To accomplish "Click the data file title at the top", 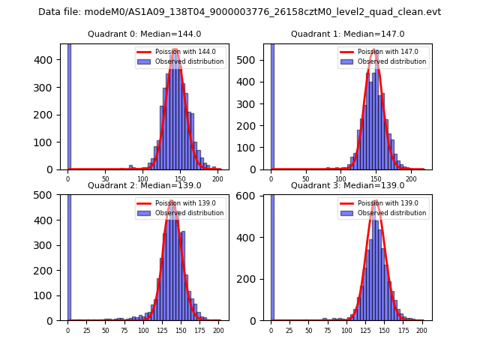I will click(x=239, y=12).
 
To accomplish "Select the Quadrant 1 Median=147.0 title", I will click(x=347, y=34).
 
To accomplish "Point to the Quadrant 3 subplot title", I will click(x=347, y=185).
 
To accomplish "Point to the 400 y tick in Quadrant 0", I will click(x=49, y=60).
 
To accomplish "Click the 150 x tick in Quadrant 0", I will click(x=180, y=179).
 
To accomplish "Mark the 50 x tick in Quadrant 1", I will click(x=306, y=179).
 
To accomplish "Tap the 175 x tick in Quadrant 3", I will click(x=403, y=330).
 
